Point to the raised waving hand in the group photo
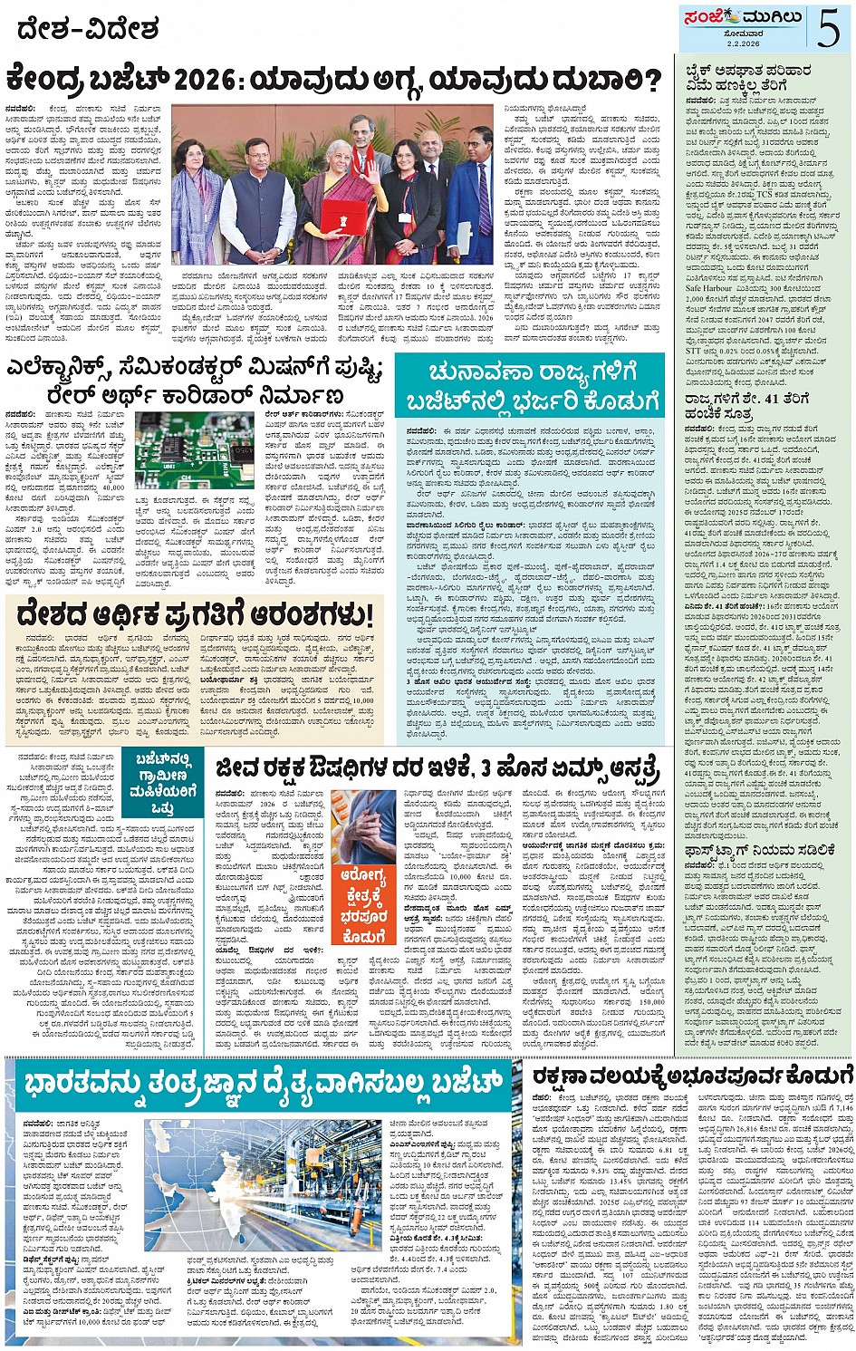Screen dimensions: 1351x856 [368, 162]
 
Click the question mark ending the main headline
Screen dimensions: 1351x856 [651, 82]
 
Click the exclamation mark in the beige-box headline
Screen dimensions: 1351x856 [369, 613]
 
